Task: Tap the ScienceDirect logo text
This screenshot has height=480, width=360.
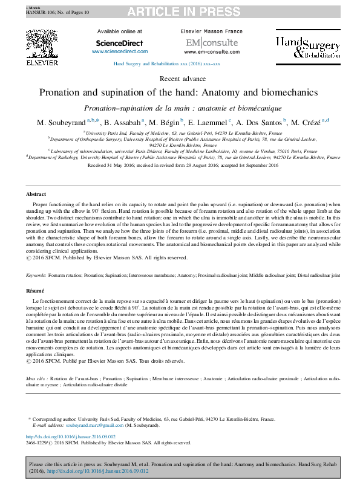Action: tap(119, 43)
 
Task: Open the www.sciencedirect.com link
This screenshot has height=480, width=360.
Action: tap(119, 52)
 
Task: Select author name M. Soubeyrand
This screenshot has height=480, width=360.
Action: tap(60, 123)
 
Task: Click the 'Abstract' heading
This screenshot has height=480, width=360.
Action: tap(36, 194)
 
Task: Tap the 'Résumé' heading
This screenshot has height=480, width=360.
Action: tap(35, 291)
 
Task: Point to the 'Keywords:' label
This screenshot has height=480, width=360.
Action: tap(36, 275)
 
